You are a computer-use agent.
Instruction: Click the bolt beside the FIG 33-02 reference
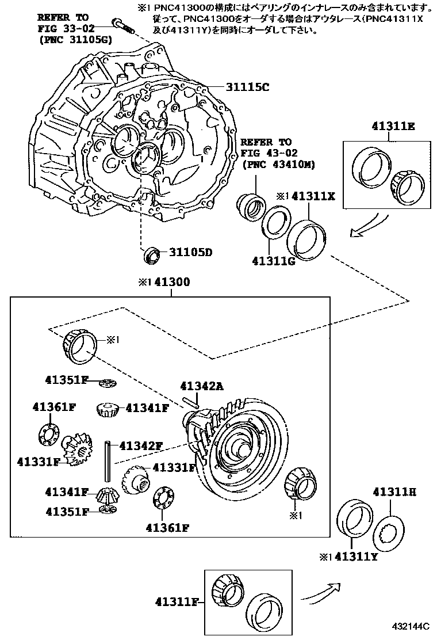tap(123, 26)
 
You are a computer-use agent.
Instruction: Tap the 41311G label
tap(273, 261)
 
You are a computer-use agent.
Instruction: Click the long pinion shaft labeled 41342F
tap(107, 461)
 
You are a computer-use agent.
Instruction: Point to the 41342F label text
tap(141, 445)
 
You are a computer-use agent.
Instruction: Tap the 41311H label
tap(394, 492)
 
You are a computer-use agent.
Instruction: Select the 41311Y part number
tap(355, 557)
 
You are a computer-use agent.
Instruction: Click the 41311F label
tap(176, 602)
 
